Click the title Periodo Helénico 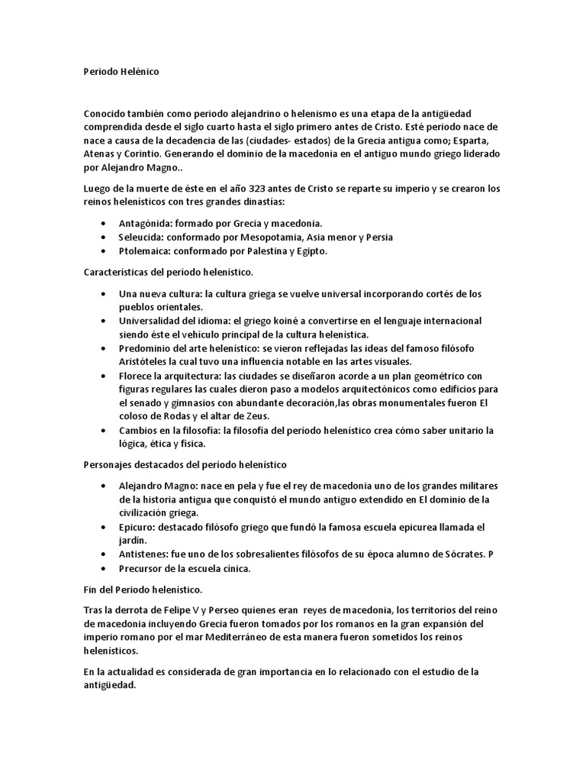(121, 71)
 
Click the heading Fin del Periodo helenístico (142, 590)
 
